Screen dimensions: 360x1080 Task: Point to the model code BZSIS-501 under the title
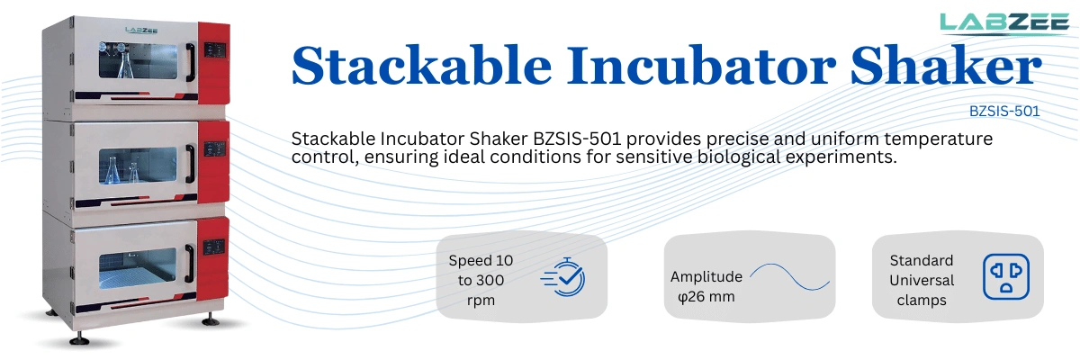point(1004,112)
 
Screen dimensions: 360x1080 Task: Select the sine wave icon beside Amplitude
point(789,276)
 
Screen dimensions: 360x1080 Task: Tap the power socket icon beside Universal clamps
point(1005,276)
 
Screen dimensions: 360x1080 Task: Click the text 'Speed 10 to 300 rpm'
point(481,280)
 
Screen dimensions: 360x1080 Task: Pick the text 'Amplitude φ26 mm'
point(706,285)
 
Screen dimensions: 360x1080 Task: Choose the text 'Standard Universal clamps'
point(921,280)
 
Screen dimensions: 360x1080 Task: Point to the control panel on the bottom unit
point(213,246)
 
